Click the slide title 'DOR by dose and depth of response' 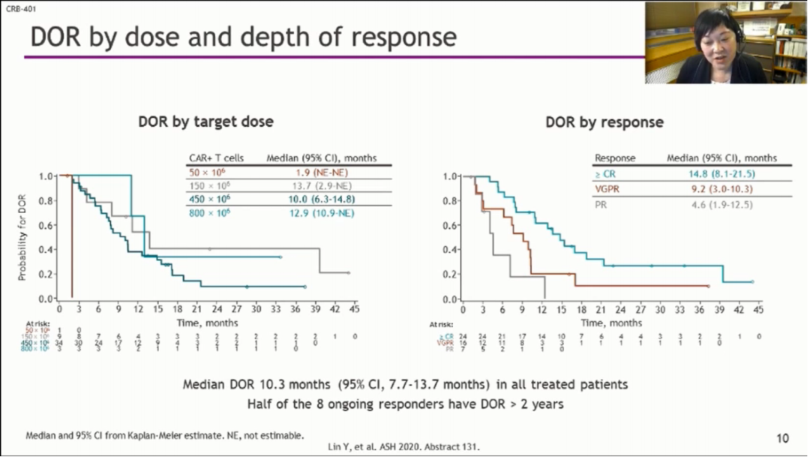[243, 38]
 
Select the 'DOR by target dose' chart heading [205, 122]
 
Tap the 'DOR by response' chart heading [604, 122]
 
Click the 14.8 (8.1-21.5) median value [722, 174]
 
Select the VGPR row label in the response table [607, 189]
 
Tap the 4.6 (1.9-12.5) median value [722, 204]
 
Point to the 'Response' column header [614, 158]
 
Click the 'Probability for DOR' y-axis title [23, 236]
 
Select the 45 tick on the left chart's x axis [354, 308]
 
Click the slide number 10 [782, 438]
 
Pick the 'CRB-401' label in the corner [17, 10]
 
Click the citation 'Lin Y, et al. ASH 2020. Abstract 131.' [404, 447]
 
